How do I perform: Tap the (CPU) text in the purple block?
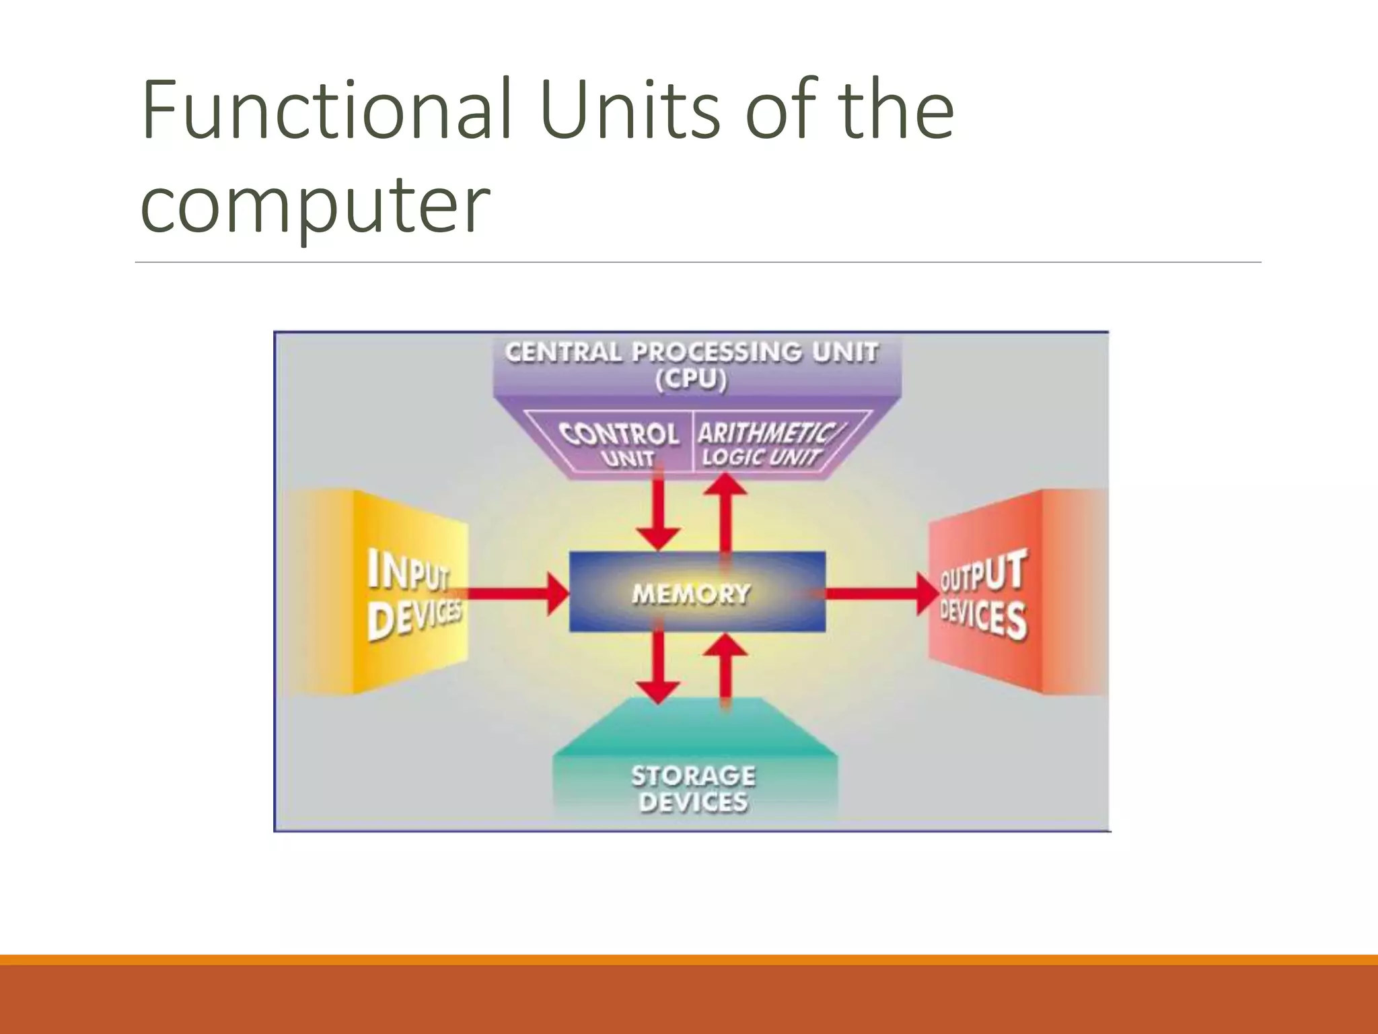[691, 380]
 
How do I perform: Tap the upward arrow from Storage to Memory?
[725, 670]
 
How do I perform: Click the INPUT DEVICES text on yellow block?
[412, 594]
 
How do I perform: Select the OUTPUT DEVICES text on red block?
[982, 594]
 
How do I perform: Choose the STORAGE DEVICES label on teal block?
[693, 788]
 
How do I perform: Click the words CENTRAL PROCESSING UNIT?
[691, 351]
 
